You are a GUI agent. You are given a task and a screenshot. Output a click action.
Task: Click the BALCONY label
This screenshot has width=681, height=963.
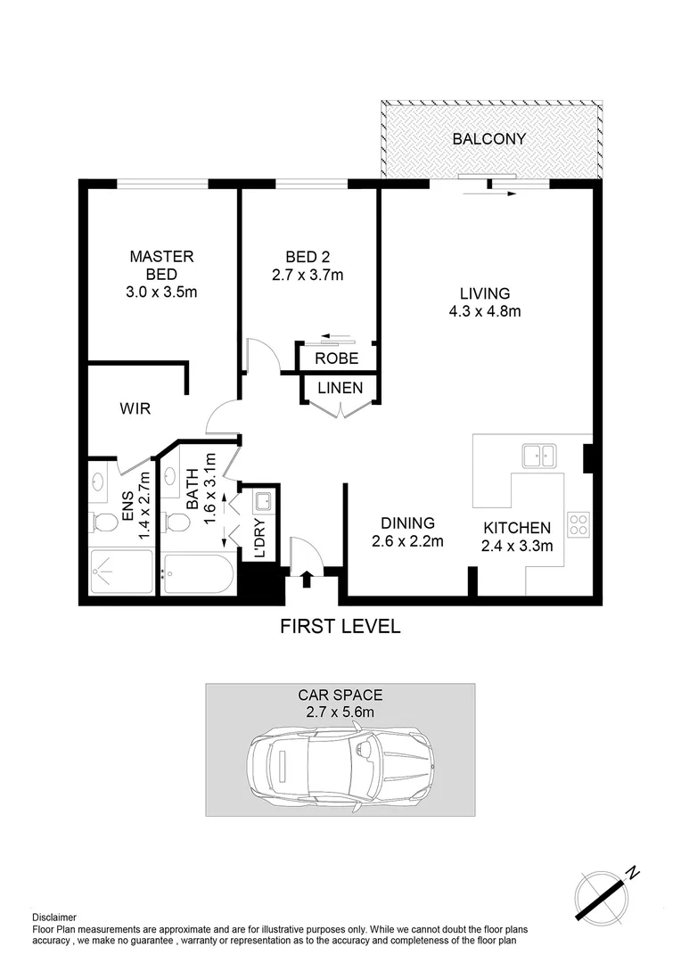[x=488, y=139]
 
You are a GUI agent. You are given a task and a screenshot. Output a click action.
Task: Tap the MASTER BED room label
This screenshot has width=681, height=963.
[x=161, y=265]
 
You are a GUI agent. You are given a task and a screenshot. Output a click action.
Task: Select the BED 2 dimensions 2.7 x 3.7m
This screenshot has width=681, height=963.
[x=308, y=276]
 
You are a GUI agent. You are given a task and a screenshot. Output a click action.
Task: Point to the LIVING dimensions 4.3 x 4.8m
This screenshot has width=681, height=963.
[x=484, y=311]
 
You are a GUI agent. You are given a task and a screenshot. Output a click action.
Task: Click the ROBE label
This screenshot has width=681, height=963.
[x=337, y=358]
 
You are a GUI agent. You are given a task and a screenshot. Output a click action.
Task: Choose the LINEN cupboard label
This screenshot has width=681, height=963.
[x=340, y=388]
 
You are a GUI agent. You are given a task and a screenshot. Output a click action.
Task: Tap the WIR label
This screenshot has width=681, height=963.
[x=135, y=409]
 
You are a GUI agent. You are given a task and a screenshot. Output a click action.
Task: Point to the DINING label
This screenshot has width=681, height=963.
[x=407, y=523]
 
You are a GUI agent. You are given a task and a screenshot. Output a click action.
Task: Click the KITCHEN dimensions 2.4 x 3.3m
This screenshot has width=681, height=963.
[x=517, y=547]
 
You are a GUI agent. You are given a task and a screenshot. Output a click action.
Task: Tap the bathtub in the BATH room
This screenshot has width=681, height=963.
[x=199, y=574]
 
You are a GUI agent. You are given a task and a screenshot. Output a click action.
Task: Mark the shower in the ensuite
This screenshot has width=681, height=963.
[x=121, y=572]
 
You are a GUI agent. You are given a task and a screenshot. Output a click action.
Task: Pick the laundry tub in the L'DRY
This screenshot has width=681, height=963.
[x=262, y=502]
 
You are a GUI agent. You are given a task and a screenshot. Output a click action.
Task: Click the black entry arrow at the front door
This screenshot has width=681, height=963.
[x=306, y=580]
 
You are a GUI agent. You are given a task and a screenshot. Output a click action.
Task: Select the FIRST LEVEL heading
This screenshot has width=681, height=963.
[x=340, y=627]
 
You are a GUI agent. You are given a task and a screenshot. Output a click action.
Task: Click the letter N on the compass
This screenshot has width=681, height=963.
[x=633, y=871]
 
